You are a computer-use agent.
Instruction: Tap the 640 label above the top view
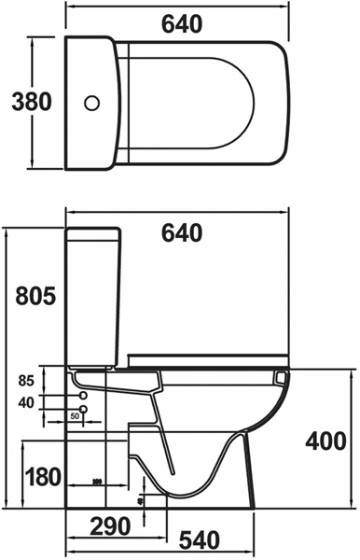(181, 26)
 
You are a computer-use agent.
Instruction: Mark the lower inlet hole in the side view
(84, 409)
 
